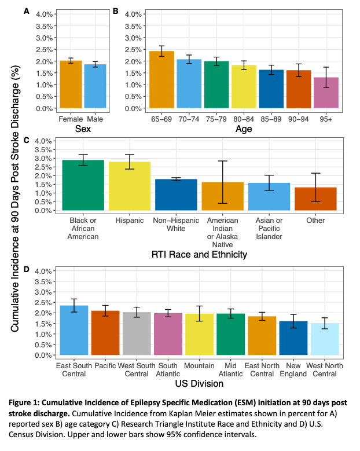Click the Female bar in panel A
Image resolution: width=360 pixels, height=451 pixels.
[71, 85]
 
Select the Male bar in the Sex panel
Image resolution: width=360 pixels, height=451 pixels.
[95, 86]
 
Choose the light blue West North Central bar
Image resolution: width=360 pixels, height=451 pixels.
[322, 339]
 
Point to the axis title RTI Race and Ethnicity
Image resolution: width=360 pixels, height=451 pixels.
[200, 254]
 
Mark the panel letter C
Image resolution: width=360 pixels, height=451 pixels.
[25, 140]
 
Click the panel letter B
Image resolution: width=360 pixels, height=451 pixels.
[115, 11]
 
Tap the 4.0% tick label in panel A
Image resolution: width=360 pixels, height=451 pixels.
[45, 13]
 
